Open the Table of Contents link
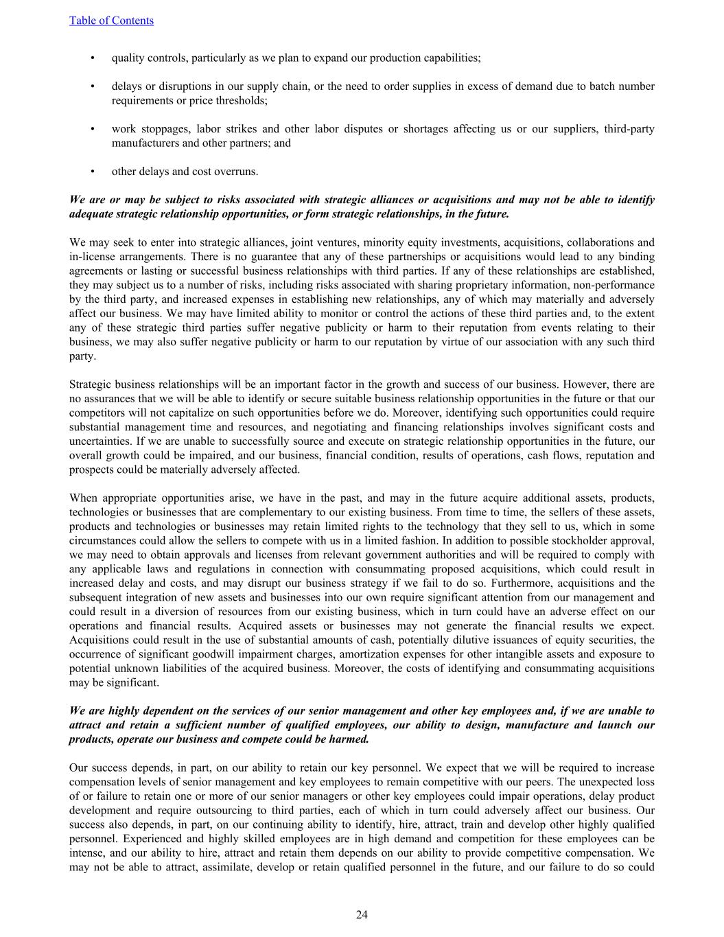[111, 21]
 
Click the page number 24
[362, 914]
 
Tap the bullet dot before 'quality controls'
[92, 58]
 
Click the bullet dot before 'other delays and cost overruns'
[92, 172]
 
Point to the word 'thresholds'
[240, 101]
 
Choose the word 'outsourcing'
[229, 811]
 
